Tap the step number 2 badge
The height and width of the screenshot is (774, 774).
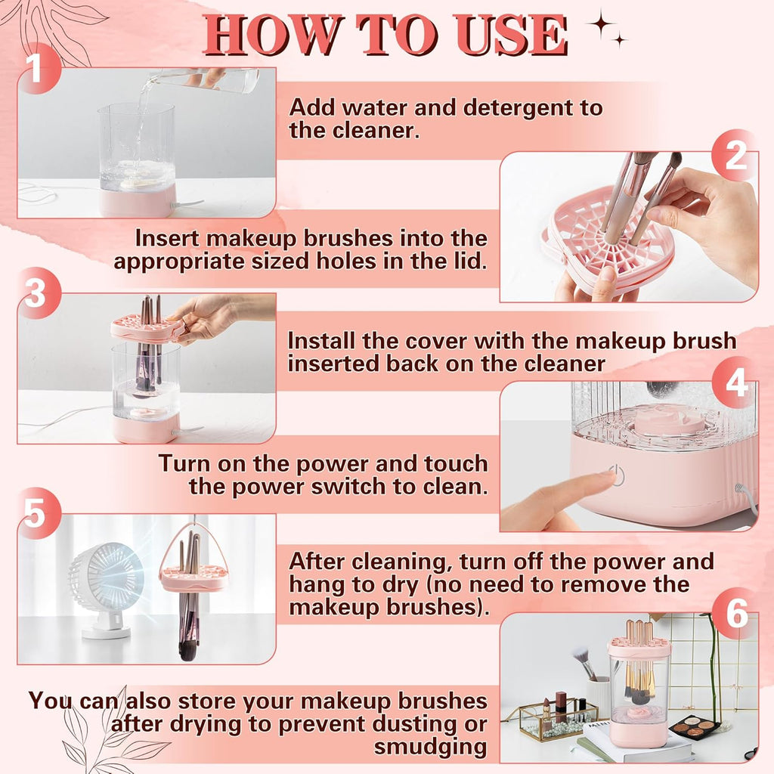(735, 156)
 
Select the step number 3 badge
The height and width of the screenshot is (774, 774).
(35, 294)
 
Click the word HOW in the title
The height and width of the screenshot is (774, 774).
(269, 34)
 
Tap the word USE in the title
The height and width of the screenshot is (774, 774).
(506, 34)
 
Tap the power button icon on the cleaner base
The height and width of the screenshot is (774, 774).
(618, 477)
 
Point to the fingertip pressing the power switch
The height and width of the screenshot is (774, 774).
(605, 480)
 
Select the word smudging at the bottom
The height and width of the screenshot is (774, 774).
(430, 747)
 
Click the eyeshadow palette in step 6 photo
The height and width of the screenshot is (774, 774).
(694, 726)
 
